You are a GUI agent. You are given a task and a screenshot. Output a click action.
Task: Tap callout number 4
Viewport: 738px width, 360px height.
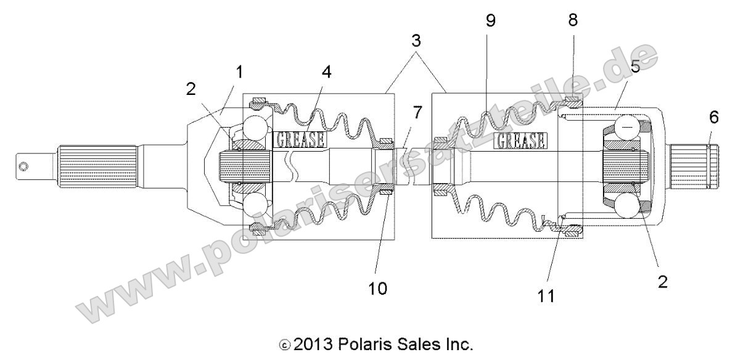[x=326, y=72]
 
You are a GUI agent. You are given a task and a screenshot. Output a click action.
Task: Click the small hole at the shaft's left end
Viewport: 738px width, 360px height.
[x=23, y=166]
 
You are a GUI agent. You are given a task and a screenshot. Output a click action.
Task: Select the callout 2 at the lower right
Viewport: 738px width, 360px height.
[x=662, y=282]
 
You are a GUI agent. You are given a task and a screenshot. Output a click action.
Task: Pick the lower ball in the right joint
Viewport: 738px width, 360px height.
[x=626, y=208]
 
